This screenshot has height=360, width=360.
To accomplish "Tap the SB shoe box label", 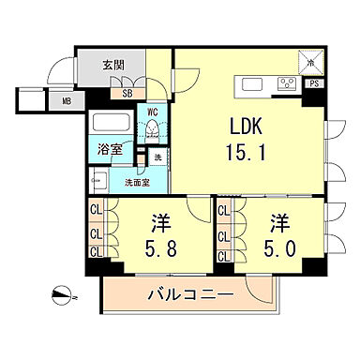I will pyautogui.click(x=126, y=92).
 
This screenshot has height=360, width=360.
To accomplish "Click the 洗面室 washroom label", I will pyautogui.click(x=140, y=183).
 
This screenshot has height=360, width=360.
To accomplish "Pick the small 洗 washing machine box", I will pyautogui.click(x=157, y=157).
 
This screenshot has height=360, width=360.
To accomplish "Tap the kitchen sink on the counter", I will pyautogui.click(x=253, y=84).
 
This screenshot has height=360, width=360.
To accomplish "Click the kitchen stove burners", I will pyautogui.click(x=286, y=83).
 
